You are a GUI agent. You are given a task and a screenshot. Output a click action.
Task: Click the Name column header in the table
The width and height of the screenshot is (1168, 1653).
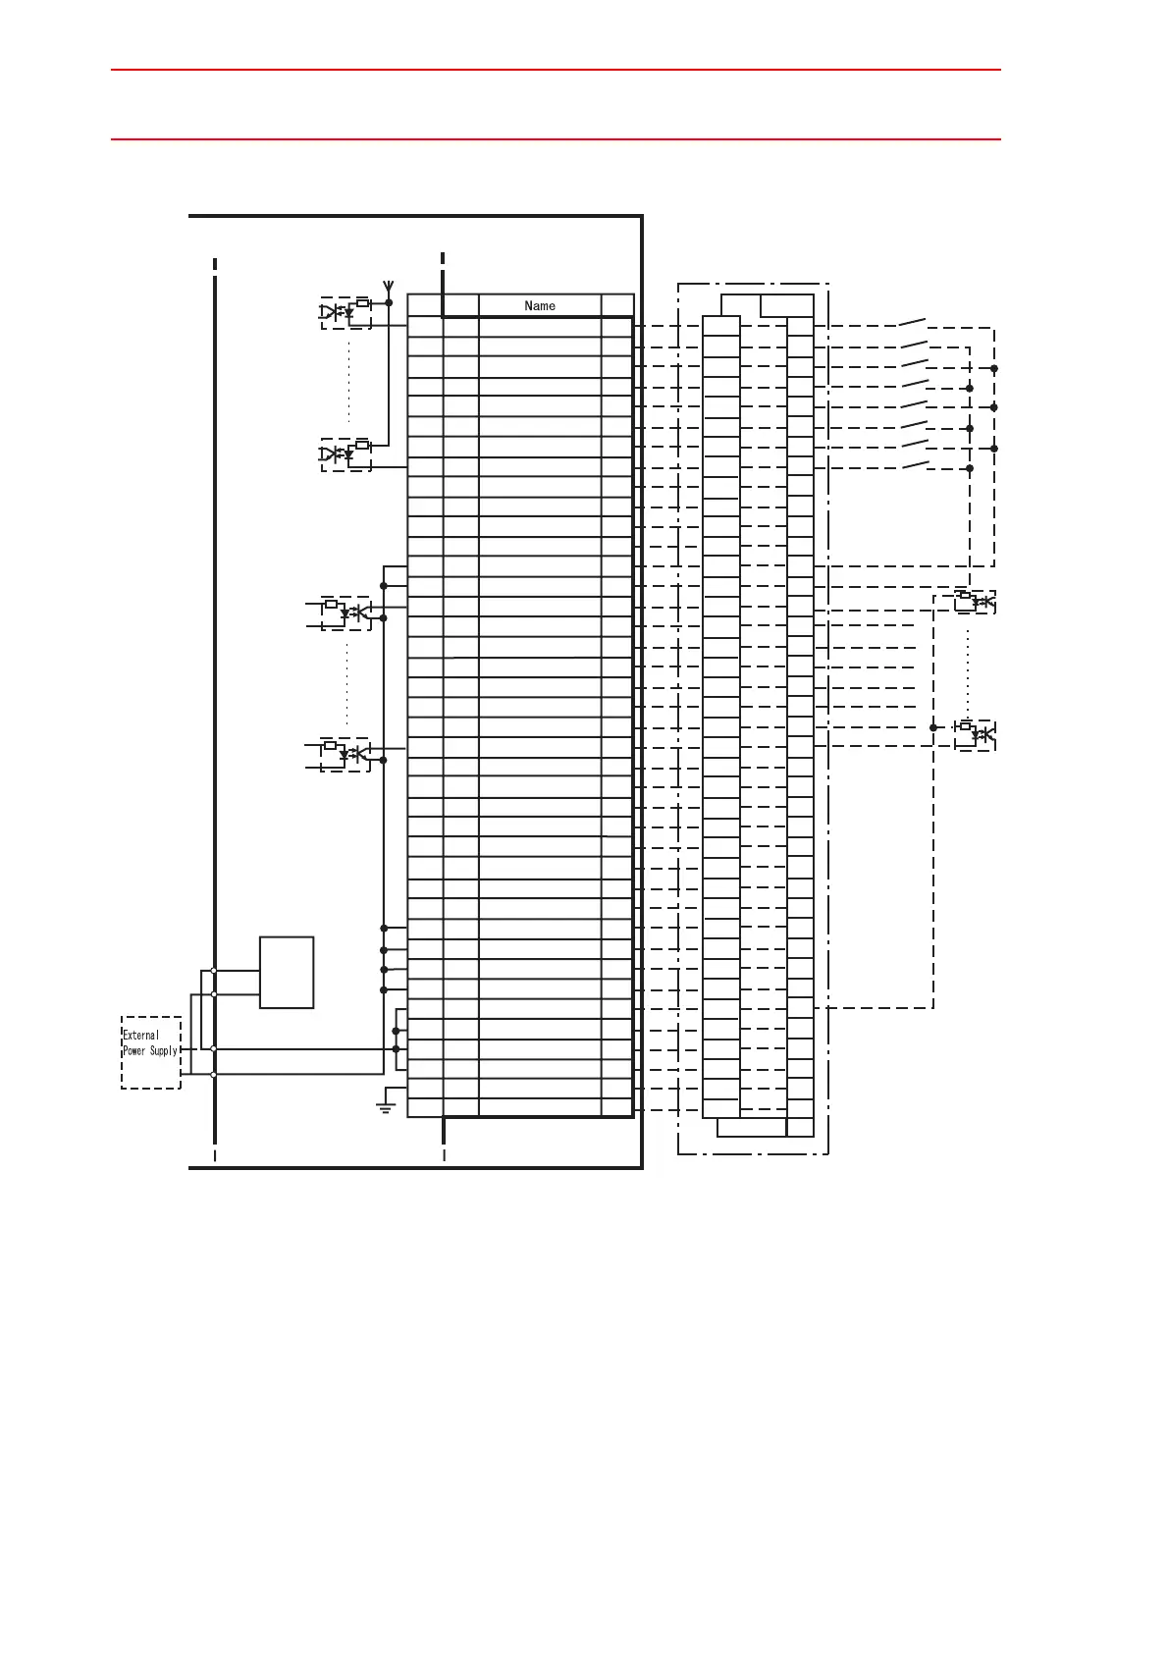[x=540, y=305]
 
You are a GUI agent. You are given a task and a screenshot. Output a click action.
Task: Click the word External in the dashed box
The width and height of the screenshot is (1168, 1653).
[x=140, y=1036]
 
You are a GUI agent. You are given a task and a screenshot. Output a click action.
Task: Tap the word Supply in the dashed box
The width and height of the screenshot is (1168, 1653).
[x=162, y=1051]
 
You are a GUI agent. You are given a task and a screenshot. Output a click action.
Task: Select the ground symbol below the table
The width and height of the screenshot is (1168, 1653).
[x=386, y=1108]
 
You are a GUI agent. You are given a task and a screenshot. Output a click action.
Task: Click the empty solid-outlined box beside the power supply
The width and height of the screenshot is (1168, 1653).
[x=287, y=972]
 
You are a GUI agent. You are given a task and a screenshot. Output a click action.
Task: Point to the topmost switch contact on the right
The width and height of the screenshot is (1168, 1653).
[x=913, y=321]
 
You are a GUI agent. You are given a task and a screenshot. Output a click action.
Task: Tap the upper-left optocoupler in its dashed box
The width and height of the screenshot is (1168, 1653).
[x=345, y=312]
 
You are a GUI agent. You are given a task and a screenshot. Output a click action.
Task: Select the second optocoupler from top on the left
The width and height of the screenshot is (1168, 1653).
[x=345, y=454]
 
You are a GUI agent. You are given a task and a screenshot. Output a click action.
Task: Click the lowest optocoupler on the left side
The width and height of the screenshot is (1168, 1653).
[x=345, y=754]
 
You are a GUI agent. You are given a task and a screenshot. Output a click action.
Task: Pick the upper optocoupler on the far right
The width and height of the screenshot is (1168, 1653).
[x=975, y=601]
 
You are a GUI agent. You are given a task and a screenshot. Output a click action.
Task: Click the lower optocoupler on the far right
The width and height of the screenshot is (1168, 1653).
[x=975, y=733]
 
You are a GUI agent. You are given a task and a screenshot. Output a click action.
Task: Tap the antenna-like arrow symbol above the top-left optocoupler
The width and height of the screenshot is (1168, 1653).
[x=389, y=288]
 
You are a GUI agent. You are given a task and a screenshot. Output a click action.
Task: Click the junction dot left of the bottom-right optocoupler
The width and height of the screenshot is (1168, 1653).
[x=933, y=727]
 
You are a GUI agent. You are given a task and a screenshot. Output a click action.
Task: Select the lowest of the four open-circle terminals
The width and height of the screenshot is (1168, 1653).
[x=214, y=1075]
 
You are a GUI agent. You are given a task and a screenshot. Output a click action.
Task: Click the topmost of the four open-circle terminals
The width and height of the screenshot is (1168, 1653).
[x=214, y=971]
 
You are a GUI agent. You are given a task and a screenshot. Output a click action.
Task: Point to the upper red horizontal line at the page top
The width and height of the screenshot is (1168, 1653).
[x=556, y=70]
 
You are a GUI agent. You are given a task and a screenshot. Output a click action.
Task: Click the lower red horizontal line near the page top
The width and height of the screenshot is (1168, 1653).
[x=556, y=139]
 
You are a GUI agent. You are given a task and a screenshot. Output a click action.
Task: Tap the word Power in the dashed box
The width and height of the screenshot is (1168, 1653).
[x=133, y=1051]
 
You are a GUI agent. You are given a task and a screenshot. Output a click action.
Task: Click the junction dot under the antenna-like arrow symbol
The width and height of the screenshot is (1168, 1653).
[x=389, y=302]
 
